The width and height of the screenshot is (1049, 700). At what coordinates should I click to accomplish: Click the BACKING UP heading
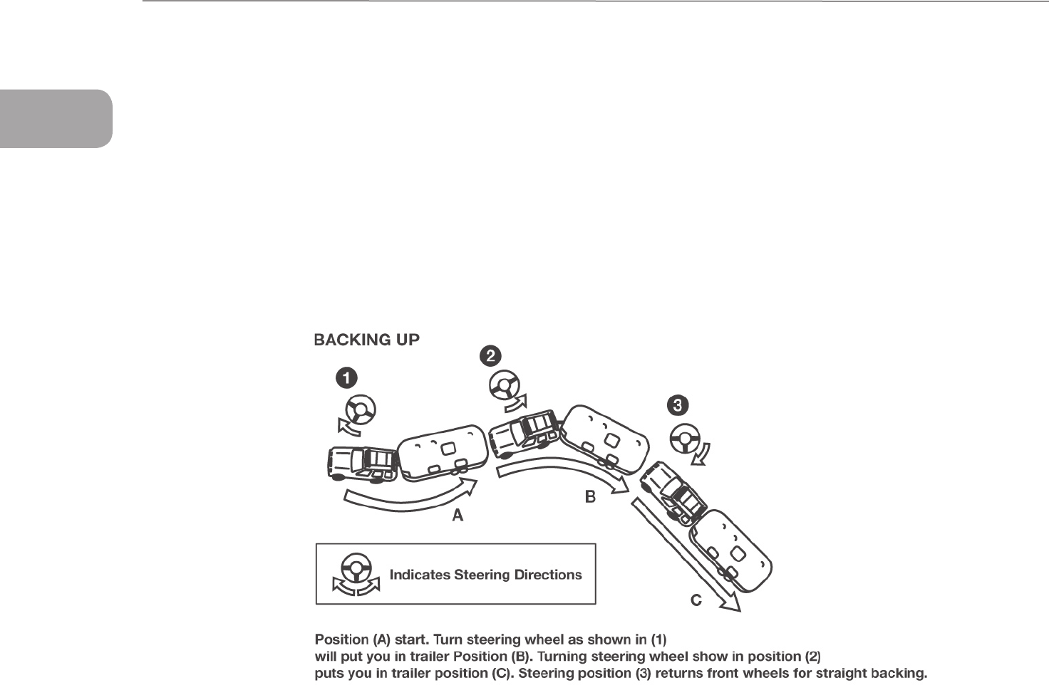pyautogui.click(x=366, y=340)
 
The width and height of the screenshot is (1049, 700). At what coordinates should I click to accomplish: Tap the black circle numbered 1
pyautogui.click(x=346, y=378)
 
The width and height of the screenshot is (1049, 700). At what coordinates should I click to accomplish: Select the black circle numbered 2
pyautogui.click(x=491, y=355)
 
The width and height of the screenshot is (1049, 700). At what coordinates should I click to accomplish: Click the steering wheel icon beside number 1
pyautogui.click(x=359, y=410)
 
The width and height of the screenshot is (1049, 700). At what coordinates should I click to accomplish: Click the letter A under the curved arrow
pyautogui.click(x=458, y=516)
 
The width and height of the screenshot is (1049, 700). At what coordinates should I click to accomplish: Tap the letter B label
pyautogui.click(x=590, y=497)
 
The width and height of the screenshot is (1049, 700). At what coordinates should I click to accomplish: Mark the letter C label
pyautogui.click(x=696, y=601)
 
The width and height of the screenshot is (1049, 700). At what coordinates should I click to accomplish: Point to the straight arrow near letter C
pyautogui.click(x=684, y=552)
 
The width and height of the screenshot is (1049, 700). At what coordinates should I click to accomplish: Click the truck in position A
pyautogui.click(x=362, y=463)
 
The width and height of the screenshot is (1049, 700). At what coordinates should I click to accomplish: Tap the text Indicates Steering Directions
pyautogui.click(x=485, y=575)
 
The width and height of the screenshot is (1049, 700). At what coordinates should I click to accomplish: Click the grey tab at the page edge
pyautogui.click(x=56, y=118)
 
